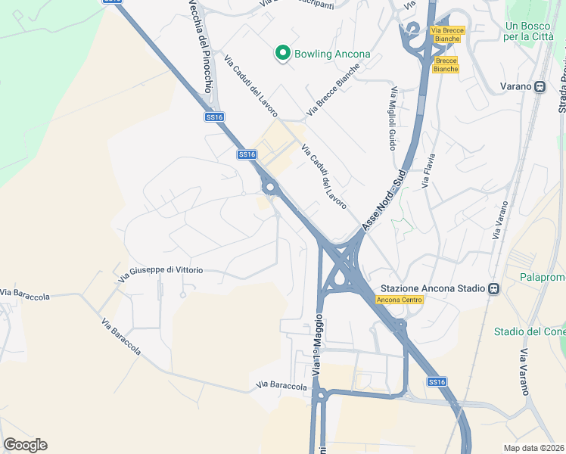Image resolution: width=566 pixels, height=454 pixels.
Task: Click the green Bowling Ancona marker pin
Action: coord(282,53)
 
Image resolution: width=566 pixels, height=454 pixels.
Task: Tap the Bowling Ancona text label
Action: coord(332,54)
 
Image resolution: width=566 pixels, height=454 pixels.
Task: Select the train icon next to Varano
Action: coord(540,86)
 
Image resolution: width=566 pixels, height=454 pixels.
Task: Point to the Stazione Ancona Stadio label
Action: coord(432,288)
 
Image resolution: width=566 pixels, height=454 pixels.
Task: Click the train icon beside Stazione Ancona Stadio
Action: coord(493,288)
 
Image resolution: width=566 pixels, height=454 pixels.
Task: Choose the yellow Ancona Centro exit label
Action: coord(399,300)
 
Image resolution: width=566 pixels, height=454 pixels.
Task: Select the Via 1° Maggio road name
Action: coord(317,344)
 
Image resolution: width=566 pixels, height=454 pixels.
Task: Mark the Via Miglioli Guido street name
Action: coord(393,119)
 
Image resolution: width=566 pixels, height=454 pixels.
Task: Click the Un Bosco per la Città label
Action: coord(530,31)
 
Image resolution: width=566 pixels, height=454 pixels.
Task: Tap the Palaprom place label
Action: coord(543,278)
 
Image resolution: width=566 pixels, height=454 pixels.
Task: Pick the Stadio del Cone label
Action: coord(530,331)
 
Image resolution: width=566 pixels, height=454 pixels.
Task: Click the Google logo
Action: coord(26,445)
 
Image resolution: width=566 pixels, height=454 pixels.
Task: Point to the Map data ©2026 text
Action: coord(534,448)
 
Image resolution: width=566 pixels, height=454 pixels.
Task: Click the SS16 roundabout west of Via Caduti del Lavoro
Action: coord(268,186)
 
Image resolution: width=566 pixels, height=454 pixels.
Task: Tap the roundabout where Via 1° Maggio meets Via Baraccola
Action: coord(320,394)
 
